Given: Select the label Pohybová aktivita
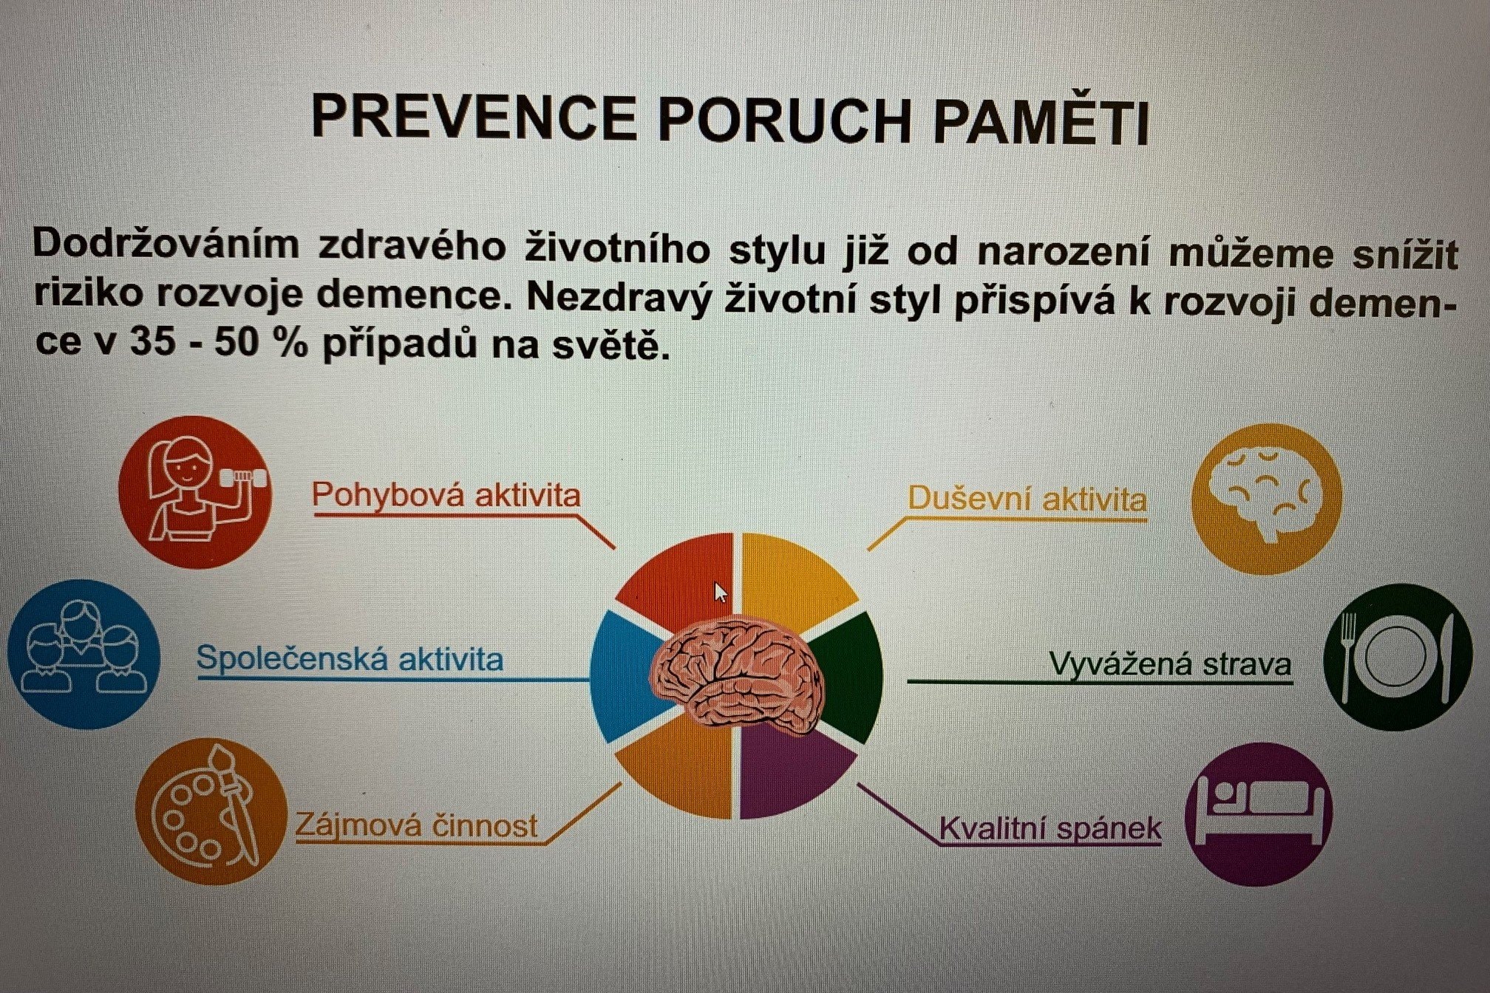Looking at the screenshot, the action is point(446,494).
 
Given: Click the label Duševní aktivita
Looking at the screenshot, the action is point(1027,499).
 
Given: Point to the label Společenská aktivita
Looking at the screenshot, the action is point(350,658).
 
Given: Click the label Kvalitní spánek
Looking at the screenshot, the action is point(1050,828).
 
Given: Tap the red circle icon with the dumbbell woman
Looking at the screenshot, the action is point(195,491).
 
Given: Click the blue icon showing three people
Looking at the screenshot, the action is point(84,655).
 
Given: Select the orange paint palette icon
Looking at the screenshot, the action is point(211,811).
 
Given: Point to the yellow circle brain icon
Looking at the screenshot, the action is point(1267,499).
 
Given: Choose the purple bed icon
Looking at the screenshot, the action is point(1259,814).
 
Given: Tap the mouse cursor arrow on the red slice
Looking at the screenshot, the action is point(721,593).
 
